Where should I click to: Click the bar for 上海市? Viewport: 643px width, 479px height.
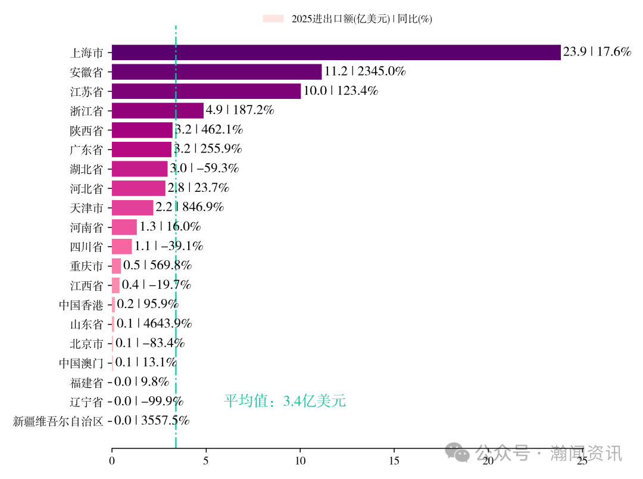pos(336,52)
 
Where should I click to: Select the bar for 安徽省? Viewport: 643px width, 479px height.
pos(217,72)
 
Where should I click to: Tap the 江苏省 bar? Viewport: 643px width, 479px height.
pos(206,91)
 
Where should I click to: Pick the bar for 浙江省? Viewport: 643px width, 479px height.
pos(158,111)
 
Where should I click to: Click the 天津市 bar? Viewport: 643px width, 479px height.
pos(132,207)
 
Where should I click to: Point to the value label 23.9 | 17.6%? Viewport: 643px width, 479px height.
pos(597,52)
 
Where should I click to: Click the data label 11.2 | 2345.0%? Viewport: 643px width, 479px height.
pos(364,72)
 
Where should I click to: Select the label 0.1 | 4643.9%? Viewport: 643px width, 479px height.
pos(154,324)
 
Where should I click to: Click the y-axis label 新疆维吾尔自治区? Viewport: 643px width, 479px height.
pos(58,421)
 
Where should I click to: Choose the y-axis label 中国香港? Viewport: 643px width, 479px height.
pos(81,305)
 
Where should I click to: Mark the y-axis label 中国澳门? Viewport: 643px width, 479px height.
pos(81,363)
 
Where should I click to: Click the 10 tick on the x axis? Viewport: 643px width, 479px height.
pos(300,461)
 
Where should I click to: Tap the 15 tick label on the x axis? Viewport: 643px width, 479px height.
pos(394,461)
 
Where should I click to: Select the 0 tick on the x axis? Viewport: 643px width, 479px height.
pos(112,461)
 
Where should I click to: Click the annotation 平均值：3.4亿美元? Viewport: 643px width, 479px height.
pos(285,401)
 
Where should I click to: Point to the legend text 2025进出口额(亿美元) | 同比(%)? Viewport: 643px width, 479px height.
pos(361,19)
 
